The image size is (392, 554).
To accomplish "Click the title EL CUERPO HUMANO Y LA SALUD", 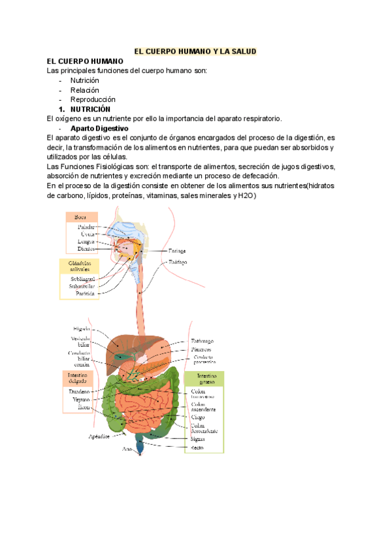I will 195,50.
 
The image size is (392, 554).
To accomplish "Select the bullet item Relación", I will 85,90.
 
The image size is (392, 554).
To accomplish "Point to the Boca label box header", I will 81,217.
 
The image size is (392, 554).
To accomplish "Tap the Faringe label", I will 177,250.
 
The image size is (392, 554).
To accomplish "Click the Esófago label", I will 178,262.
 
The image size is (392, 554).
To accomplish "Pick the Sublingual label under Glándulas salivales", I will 82,279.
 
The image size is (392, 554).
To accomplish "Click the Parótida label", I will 84,294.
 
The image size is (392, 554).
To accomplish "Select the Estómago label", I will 202,341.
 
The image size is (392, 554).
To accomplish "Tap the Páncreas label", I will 202,350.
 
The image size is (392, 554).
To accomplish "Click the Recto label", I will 197,448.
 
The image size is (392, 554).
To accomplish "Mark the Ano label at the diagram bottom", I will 127,449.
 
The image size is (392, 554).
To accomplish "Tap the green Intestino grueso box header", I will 203,379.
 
